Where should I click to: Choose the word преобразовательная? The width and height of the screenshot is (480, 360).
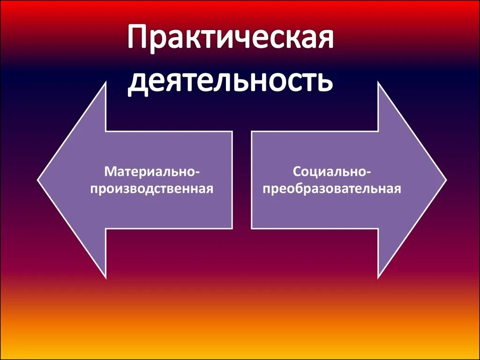[x=332, y=189]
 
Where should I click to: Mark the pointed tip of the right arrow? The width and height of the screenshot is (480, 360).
[x=446, y=180]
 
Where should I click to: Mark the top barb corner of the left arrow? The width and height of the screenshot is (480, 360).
[x=106, y=82]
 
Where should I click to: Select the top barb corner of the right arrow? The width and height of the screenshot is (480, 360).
[x=378, y=82]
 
